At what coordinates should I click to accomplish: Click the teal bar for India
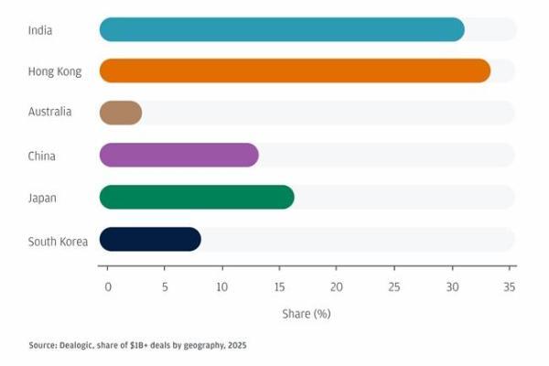[x=282, y=29]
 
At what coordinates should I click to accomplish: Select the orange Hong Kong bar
[x=295, y=70]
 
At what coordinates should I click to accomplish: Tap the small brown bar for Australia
[x=120, y=113]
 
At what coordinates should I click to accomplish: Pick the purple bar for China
[x=178, y=156]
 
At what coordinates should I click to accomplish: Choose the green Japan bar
[x=197, y=197]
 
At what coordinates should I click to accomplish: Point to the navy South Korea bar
[x=150, y=240]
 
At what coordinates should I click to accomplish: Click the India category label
[x=40, y=30]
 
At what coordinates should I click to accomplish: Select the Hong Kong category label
[x=55, y=71]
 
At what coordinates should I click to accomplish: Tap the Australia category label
[x=50, y=113]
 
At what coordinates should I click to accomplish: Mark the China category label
[x=42, y=156]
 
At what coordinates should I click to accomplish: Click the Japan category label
[x=42, y=198]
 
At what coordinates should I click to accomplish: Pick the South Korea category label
[x=58, y=241]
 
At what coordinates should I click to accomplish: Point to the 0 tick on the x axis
[x=108, y=286]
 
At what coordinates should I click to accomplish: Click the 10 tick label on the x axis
[x=222, y=286]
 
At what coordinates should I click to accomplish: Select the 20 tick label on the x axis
[x=337, y=286]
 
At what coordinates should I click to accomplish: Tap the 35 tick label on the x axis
[x=510, y=286]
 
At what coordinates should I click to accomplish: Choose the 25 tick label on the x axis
[x=394, y=286]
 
